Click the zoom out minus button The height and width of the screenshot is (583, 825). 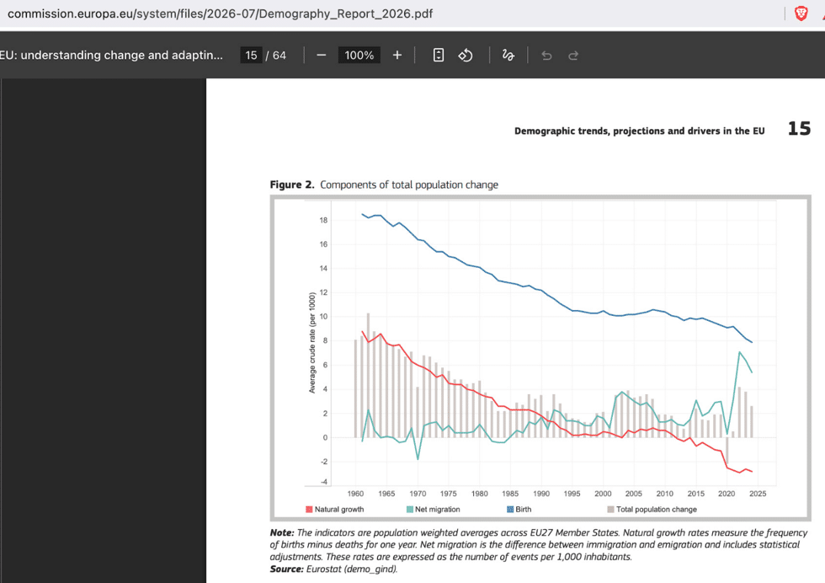click(321, 56)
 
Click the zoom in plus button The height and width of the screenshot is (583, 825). click(397, 56)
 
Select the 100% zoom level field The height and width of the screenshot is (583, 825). click(359, 56)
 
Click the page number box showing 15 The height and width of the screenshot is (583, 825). click(251, 56)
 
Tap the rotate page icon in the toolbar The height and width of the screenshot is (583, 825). click(465, 56)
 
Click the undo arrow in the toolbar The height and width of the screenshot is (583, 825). click(546, 56)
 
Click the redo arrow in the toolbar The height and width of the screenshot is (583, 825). click(573, 56)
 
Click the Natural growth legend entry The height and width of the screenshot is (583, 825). click(335, 509)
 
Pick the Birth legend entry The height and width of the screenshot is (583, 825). click(519, 509)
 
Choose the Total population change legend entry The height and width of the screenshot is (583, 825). click(652, 509)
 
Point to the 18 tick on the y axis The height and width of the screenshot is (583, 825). click(323, 220)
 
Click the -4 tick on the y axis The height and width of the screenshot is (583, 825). click(323, 482)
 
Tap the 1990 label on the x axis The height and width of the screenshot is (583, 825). click(540, 494)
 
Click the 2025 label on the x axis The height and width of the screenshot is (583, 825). click(758, 494)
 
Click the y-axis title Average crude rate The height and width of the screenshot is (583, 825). click(312, 343)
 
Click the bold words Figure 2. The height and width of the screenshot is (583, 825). click(292, 185)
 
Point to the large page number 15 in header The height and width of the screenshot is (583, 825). click(799, 129)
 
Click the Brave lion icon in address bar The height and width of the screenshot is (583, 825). click(801, 13)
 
